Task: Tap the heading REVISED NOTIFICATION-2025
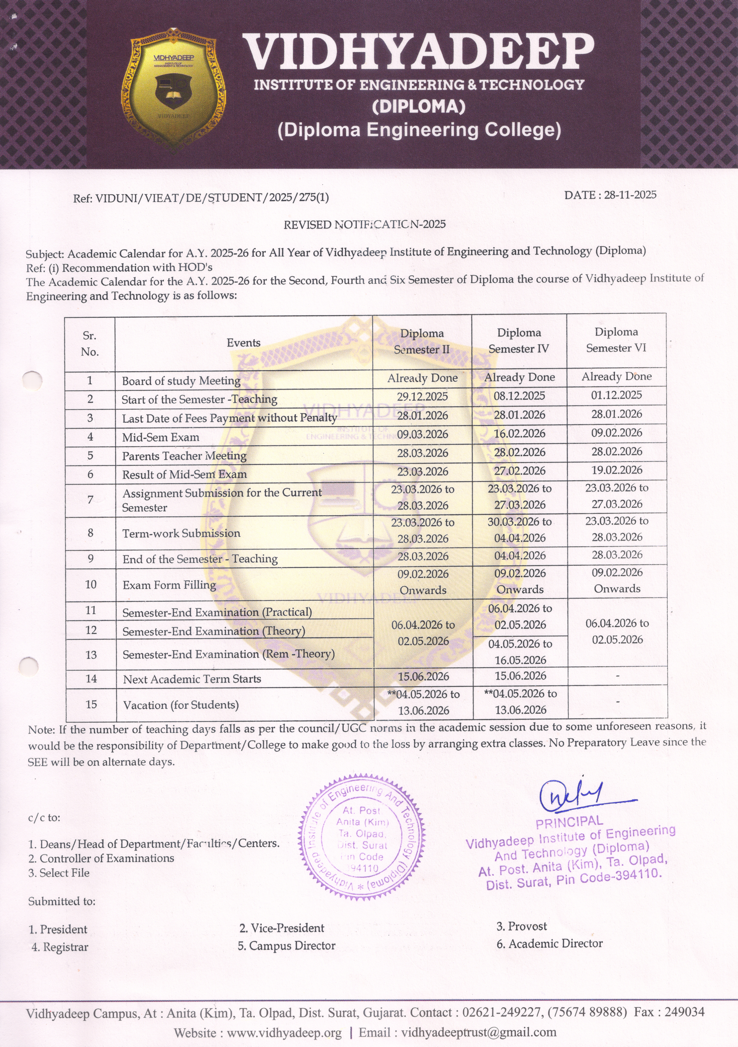point(365,224)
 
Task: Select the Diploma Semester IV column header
point(519,341)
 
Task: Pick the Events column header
point(243,343)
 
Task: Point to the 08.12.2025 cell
point(519,396)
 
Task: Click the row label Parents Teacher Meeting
point(184,456)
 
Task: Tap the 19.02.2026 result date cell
point(617,470)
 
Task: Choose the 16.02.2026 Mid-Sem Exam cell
point(519,434)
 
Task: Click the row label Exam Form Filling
point(169,585)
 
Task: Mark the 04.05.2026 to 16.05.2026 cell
point(520,652)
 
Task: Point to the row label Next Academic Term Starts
point(192,679)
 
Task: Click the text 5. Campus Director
point(287,946)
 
